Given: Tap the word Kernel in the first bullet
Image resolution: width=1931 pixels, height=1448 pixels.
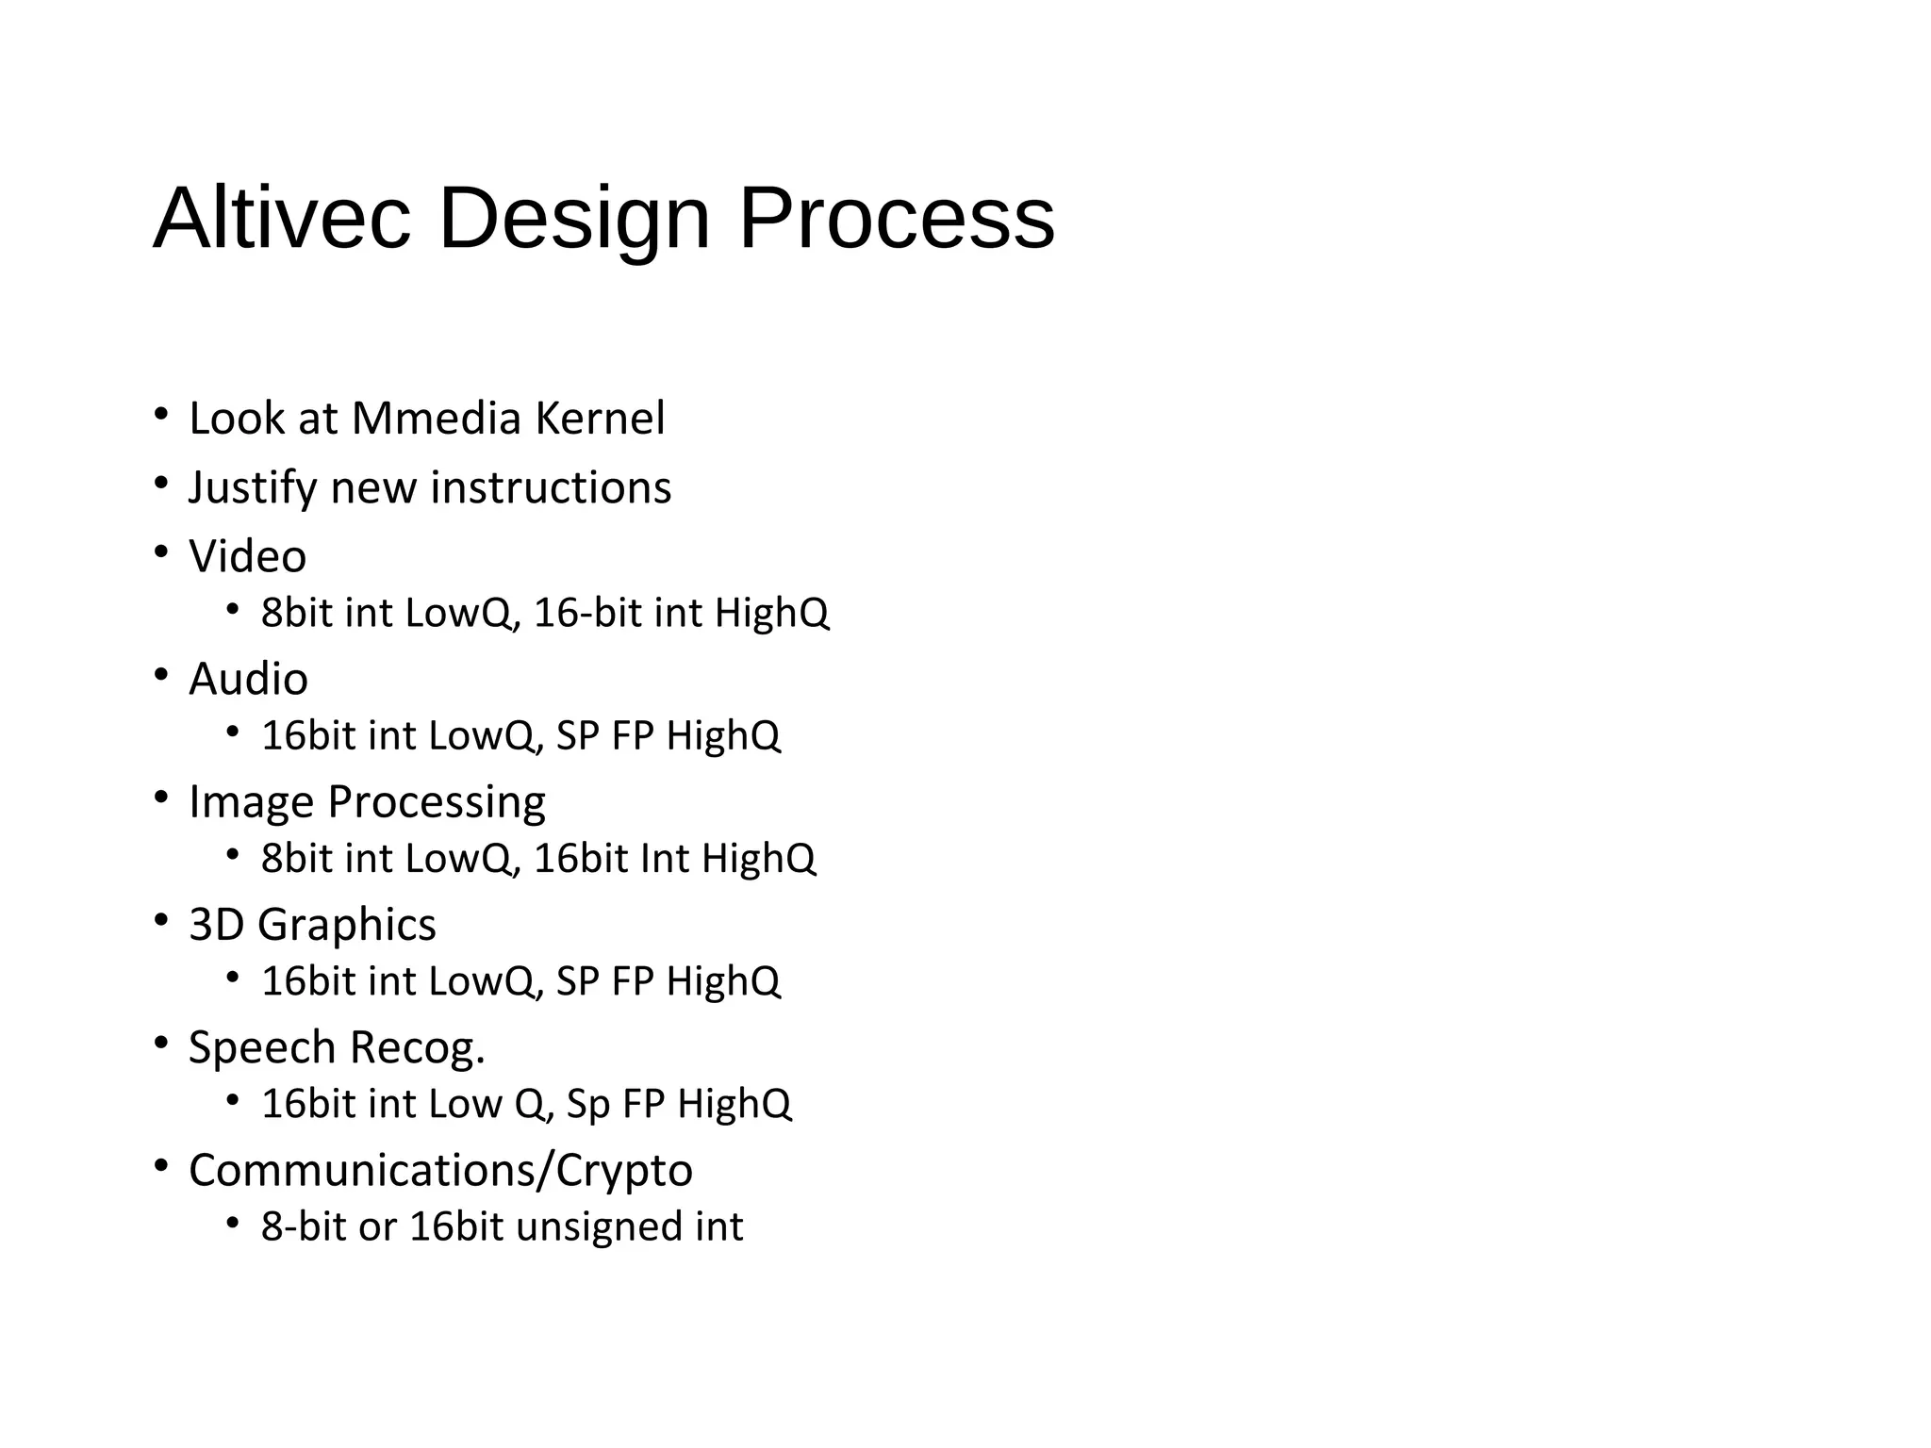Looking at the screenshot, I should pos(600,419).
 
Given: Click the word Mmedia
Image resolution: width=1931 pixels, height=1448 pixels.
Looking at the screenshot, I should pos(436,419).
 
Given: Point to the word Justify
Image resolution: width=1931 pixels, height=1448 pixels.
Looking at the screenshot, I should pos(253,488).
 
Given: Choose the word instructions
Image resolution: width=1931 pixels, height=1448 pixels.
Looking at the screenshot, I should pos(551,488).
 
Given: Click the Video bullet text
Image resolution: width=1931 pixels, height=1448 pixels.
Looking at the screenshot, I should pos(247,556).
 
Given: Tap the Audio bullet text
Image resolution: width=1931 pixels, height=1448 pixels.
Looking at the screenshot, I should pos(248,679).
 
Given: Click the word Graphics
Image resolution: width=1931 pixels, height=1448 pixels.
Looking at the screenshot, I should pos(346,925).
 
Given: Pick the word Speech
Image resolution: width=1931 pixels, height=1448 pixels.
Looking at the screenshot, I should pos(262,1047).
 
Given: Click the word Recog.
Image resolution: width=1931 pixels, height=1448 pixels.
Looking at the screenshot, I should pos(418,1047).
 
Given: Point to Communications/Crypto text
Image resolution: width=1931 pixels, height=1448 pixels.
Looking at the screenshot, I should pos(440,1170).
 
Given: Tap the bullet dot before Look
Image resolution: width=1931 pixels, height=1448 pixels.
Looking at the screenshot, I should pos(161,414).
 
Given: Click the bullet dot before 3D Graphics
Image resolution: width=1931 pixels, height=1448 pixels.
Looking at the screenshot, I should pos(161,919).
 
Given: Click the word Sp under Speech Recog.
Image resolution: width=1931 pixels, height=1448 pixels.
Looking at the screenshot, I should pos(588,1104).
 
